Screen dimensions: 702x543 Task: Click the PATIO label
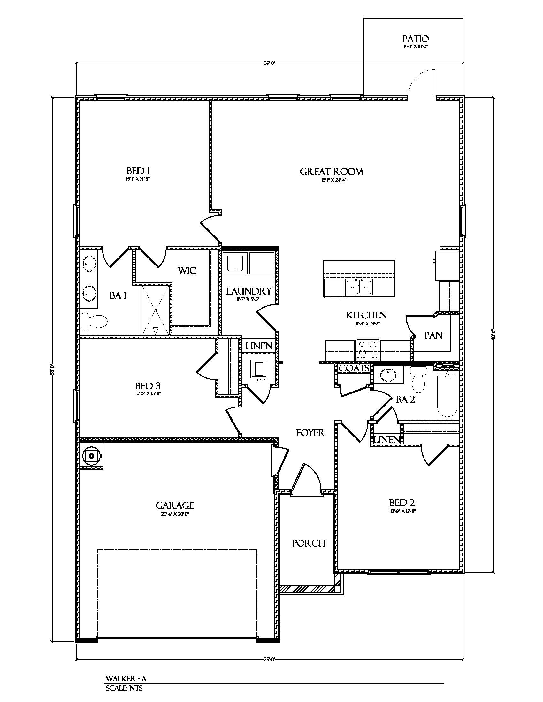click(415, 39)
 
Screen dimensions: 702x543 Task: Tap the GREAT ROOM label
click(331, 172)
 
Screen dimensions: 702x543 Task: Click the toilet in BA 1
click(94, 321)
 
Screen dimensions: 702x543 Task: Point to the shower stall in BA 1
click(155, 310)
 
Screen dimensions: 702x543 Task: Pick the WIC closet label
click(187, 271)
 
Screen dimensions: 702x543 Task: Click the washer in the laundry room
click(235, 263)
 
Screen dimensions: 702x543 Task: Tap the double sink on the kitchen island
click(359, 287)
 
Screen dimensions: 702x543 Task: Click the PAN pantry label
click(433, 335)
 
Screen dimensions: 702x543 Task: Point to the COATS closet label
click(354, 368)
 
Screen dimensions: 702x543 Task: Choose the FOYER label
click(310, 433)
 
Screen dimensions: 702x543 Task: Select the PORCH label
click(309, 543)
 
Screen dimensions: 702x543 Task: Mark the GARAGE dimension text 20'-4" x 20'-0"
click(174, 514)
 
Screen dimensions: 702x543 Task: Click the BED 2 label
click(402, 503)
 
